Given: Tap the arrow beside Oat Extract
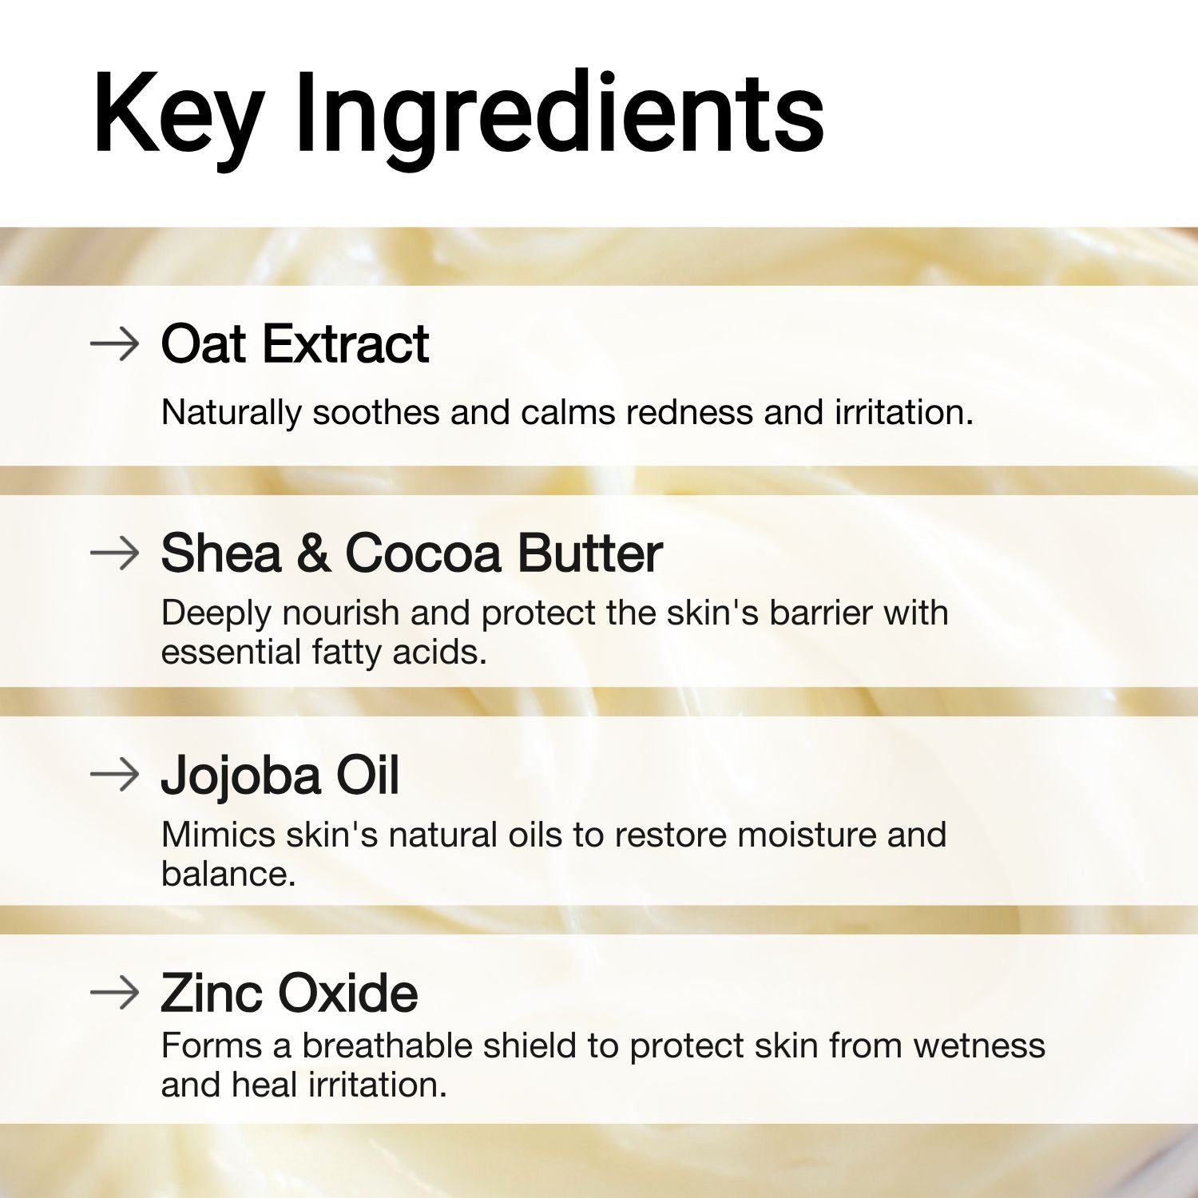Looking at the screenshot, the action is pyautogui.click(x=115, y=344).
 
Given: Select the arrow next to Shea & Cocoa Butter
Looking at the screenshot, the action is pyautogui.click(x=115, y=553).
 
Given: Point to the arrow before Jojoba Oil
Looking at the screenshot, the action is pyautogui.click(x=115, y=775).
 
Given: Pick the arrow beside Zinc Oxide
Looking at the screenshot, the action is pyautogui.click(x=115, y=993).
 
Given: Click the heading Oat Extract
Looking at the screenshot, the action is pyautogui.click(x=295, y=344).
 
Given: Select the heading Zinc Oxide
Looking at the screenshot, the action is pyautogui.click(x=289, y=993).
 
